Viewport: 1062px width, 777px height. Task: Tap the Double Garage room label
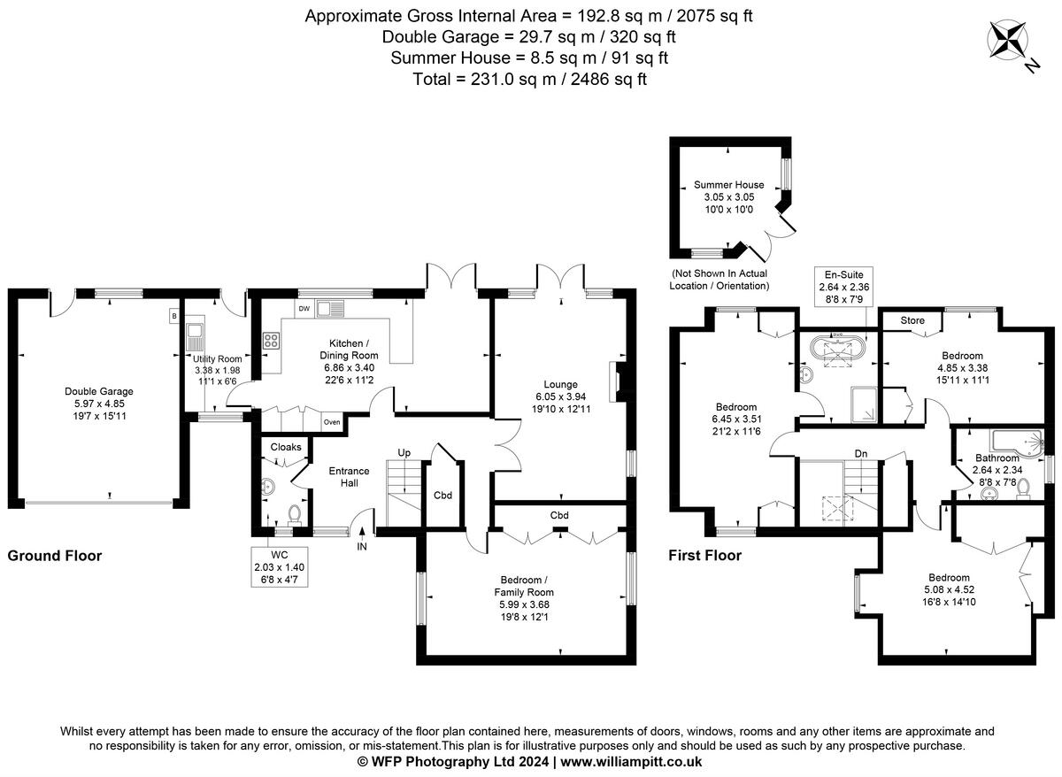click(98, 391)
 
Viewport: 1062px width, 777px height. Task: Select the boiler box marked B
click(174, 315)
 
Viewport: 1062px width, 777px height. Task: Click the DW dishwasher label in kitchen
click(304, 309)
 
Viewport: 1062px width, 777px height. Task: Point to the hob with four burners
click(272, 340)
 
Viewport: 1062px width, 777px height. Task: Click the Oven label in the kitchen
click(331, 422)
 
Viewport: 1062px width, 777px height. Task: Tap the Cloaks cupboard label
click(285, 447)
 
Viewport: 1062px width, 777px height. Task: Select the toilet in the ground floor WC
click(296, 512)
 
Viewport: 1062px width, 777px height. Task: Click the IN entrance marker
click(361, 548)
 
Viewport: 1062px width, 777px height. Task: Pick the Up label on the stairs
click(404, 452)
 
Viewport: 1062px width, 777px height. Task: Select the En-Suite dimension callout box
click(844, 288)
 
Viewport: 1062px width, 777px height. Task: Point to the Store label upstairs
click(912, 319)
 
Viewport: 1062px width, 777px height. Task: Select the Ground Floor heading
click(55, 556)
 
